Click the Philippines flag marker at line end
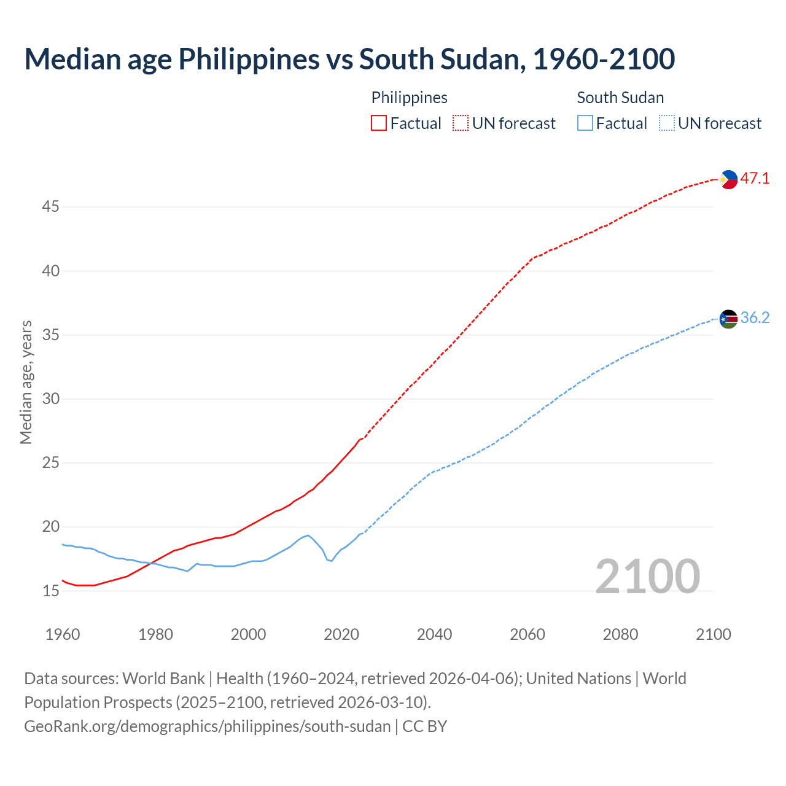tap(728, 179)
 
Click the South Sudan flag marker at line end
tap(728, 319)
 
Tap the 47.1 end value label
tap(755, 179)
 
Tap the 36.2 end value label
tap(755, 318)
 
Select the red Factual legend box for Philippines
tap(379, 123)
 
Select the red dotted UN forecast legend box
tap(461, 123)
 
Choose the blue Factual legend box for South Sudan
tap(585, 123)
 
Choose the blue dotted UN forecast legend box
tap(666, 123)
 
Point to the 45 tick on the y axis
tap(50, 207)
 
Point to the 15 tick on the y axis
tap(50, 591)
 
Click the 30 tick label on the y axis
tap(50, 399)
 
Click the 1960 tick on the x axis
tap(63, 634)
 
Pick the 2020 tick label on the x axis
tap(341, 634)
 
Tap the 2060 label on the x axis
tap(527, 634)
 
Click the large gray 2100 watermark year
tap(647, 576)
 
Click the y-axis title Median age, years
tap(26, 382)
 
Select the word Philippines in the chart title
tap(249, 59)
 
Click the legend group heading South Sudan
tap(620, 98)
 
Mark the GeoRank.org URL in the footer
tap(207, 726)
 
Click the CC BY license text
tap(425, 726)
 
